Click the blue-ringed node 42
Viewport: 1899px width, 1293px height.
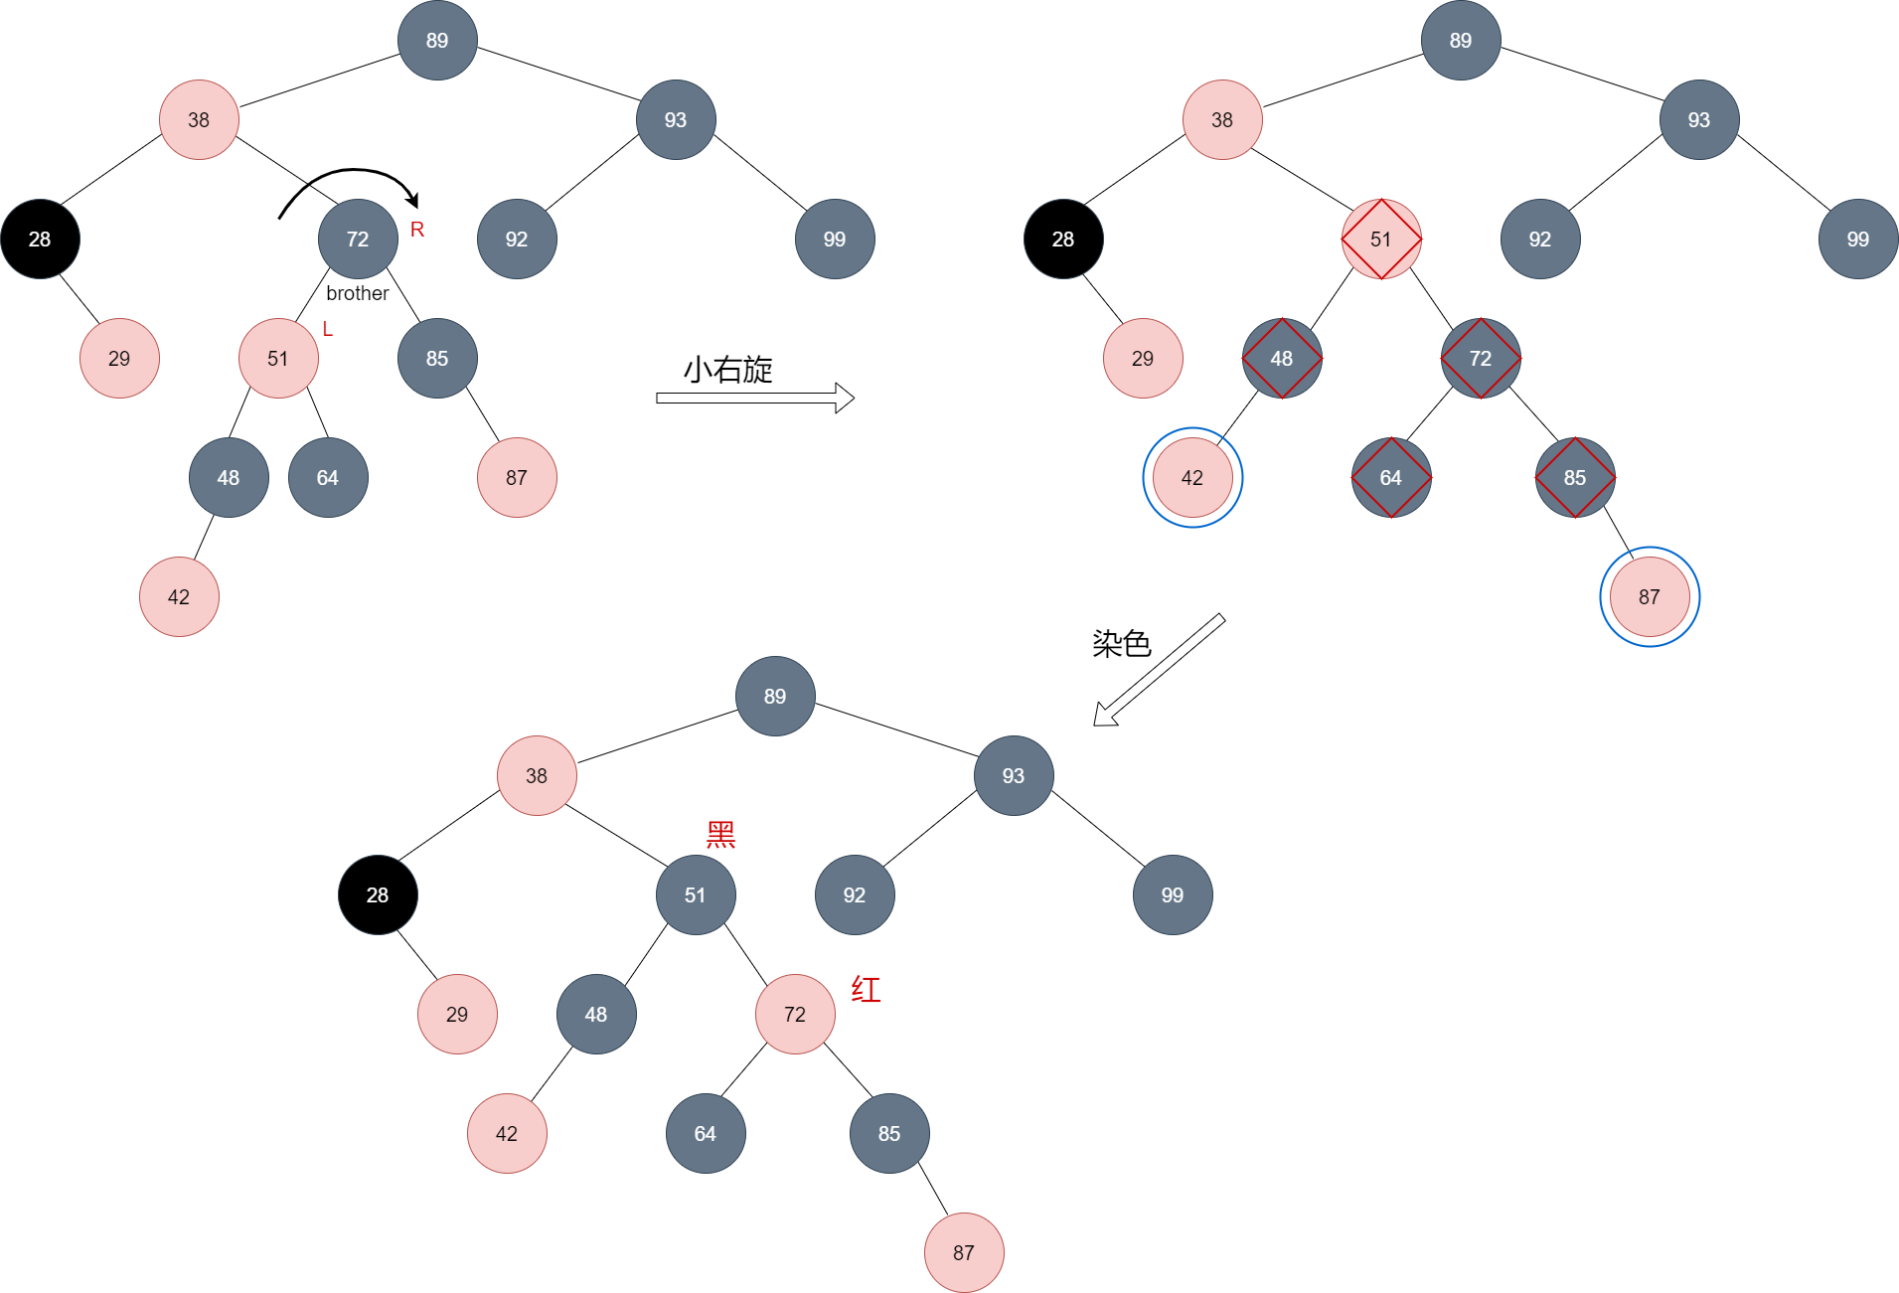click(x=1192, y=478)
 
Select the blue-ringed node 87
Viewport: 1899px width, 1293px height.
click(x=1650, y=597)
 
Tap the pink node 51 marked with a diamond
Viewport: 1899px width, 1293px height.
click(x=1381, y=240)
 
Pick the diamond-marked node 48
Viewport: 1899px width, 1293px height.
click(x=1282, y=359)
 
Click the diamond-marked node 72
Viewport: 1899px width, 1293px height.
click(x=1481, y=359)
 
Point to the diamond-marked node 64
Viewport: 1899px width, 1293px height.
click(x=1391, y=478)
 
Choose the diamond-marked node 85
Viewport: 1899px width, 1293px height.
click(x=1575, y=478)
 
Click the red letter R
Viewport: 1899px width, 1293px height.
click(x=417, y=230)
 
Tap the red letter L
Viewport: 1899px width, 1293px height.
click(x=328, y=329)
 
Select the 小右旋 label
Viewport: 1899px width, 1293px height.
click(x=728, y=370)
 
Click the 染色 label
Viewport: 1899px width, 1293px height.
click(x=1122, y=644)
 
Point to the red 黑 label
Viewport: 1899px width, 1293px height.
click(x=720, y=835)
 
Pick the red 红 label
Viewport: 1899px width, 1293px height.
click(x=866, y=990)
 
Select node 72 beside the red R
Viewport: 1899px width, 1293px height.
click(x=358, y=240)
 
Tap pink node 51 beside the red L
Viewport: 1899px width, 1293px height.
click(x=278, y=359)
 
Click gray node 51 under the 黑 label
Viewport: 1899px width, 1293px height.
click(x=696, y=895)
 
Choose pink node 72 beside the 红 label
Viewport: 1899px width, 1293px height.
click(x=795, y=1015)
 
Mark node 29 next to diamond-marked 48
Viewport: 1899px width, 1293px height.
click(x=1143, y=359)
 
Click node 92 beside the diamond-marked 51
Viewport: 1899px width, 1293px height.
click(x=1540, y=240)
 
